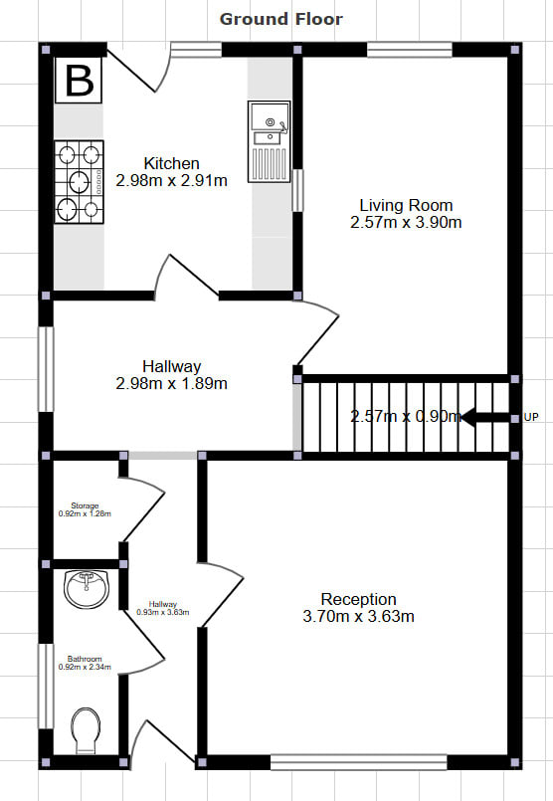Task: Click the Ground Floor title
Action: point(280,20)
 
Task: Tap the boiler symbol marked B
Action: point(79,81)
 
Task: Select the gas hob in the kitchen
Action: point(80,182)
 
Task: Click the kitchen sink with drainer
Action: point(270,141)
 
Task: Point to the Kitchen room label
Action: point(171,163)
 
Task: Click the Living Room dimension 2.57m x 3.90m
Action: point(406,223)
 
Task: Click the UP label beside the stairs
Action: point(531,417)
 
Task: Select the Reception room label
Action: point(358,599)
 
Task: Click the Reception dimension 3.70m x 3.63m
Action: point(358,616)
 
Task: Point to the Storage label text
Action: point(85,505)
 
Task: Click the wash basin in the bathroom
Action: point(87,588)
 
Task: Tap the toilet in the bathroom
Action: point(86,730)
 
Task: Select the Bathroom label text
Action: point(85,659)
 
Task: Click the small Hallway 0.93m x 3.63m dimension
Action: point(163,612)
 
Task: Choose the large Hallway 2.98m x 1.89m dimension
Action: point(171,383)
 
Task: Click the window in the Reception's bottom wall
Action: point(358,762)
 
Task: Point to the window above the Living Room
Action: point(410,50)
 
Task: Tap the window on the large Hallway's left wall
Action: point(46,369)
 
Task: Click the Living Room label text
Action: point(406,205)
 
